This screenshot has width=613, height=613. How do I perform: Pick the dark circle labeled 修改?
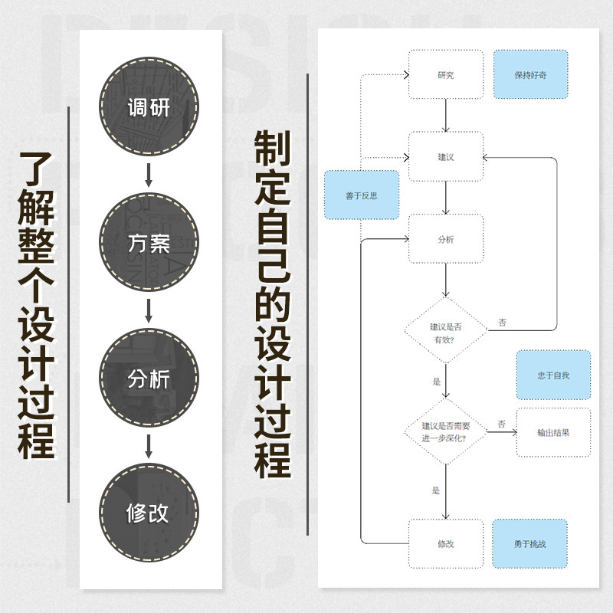point(149,511)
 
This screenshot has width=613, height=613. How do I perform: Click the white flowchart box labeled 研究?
point(445,75)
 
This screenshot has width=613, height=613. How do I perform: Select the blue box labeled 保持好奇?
point(530,75)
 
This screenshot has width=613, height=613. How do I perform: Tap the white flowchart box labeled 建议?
point(445,156)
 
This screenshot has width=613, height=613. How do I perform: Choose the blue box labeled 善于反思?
point(361,195)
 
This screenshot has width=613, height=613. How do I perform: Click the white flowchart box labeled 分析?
point(445,238)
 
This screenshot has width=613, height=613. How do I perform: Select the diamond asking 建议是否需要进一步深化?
point(445,431)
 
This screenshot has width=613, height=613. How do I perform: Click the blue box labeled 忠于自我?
point(553,375)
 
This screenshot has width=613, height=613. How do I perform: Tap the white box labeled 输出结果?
point(553,432)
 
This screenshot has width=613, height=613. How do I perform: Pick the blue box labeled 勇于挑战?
point(530,544)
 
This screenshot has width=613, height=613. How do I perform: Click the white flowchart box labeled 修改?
point(445,544)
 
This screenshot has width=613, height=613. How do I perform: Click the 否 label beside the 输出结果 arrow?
point(501,423)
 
